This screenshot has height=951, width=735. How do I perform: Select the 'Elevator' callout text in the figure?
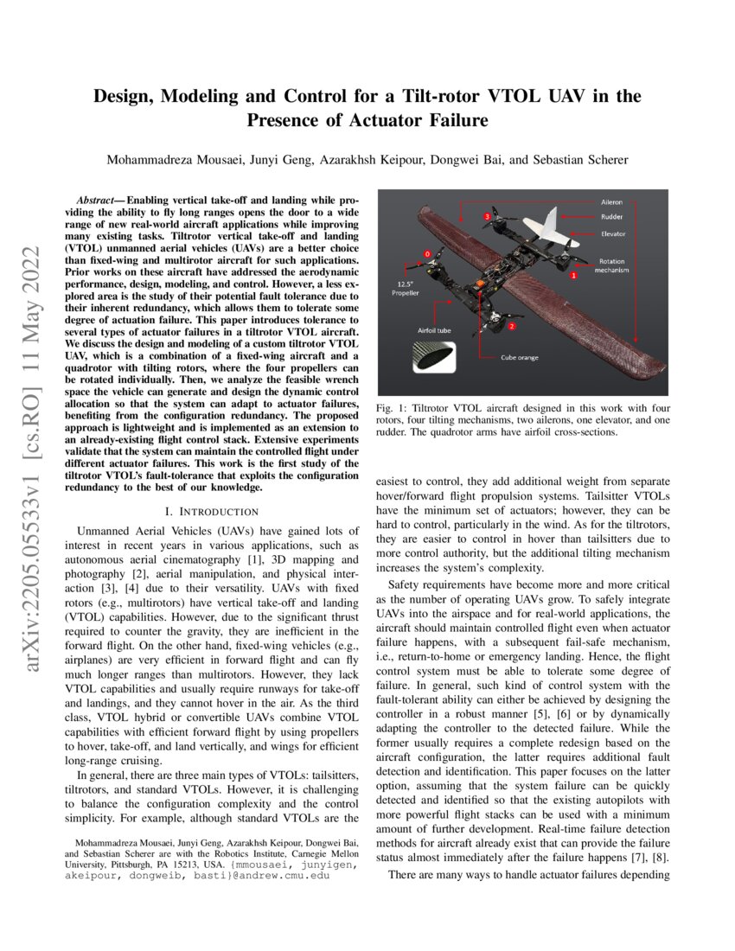tap(613, 233)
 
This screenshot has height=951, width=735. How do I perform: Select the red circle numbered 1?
tap(572, 275)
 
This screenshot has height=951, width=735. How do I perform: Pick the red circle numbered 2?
tap(512, 326)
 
